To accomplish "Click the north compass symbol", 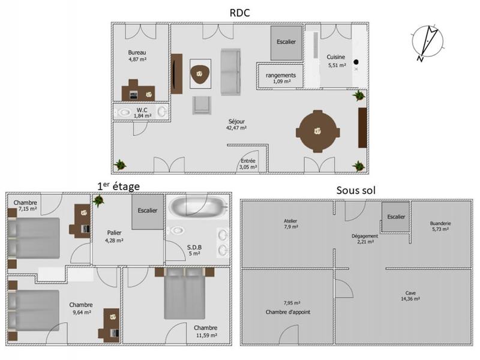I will tap(428, 41).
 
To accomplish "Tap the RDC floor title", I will tap(240, 12).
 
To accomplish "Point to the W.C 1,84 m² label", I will tap(142, 113).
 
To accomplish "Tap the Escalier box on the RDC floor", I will tap(286, 43).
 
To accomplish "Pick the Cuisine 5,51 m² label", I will tap(336, 61).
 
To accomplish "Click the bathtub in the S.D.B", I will tap(197, 209).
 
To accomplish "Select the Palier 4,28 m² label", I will tap(115, 236).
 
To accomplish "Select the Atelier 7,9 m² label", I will tap(290, 224).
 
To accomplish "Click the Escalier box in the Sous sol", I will tap(395, 217).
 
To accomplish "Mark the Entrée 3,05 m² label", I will tap(249, 164).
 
